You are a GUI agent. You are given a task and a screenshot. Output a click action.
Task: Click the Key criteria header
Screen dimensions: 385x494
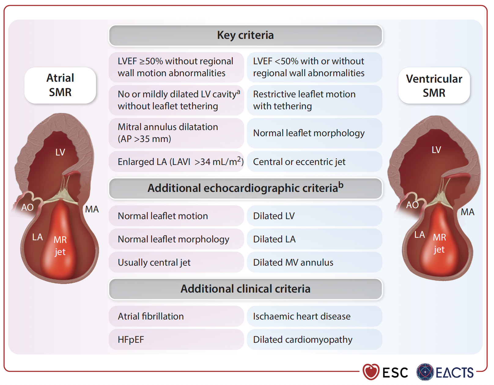pos(245,36)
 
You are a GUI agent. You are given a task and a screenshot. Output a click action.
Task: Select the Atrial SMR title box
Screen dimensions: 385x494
pos(60,85)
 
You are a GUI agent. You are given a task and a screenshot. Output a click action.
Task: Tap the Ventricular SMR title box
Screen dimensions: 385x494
pos(434,86)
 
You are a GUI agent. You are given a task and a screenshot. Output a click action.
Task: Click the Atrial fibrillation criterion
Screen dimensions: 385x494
pos(176,316)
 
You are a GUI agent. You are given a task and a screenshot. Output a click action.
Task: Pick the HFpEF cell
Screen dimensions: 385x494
pos(176,339)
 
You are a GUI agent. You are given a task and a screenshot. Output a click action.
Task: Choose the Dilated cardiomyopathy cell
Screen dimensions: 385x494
pos(314,339)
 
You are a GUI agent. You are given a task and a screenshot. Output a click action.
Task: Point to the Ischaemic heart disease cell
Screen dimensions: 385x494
pos(314,316)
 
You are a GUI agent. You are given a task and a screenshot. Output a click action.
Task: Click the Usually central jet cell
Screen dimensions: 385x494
pos(176,262)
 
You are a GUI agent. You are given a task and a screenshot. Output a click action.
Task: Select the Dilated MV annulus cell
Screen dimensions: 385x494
pos(314,262)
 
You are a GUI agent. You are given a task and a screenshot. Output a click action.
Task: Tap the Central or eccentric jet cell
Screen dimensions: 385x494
pos(314,162)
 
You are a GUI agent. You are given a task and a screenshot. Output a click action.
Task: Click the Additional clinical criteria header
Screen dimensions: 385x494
pos(245,289)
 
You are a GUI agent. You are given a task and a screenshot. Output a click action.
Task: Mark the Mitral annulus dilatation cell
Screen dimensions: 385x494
pos(176,133)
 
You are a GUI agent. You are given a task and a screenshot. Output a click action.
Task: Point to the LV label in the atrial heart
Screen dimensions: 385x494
pos(60,152)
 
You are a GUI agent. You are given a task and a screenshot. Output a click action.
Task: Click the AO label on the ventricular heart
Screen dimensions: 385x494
pos(412,205)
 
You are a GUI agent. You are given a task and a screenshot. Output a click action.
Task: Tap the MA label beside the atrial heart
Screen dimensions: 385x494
pos(92,209)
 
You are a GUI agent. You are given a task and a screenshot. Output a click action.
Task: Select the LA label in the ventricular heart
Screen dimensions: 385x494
pos(419,235)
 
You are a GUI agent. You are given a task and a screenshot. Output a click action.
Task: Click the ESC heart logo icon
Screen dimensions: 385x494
pos(371,372)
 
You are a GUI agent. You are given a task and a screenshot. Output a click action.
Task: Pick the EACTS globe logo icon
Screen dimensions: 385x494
pos(425,372)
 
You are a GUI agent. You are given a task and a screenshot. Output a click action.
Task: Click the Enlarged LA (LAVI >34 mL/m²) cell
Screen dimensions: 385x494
pos(176,162)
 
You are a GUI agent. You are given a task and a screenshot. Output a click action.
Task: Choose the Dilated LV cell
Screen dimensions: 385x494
pos(314,216)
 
